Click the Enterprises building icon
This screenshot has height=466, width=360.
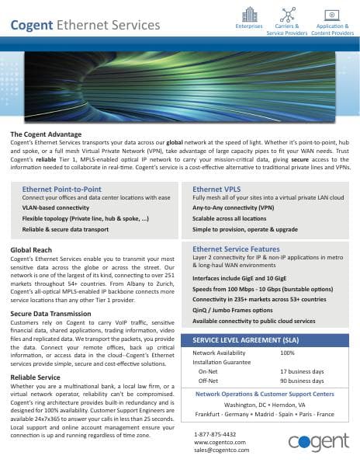(x=249, y=14)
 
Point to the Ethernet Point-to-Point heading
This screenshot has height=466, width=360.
(x=62, y=189)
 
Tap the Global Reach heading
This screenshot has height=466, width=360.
(x=32, y=249)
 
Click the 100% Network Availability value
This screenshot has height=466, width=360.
(x=287, y=353)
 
